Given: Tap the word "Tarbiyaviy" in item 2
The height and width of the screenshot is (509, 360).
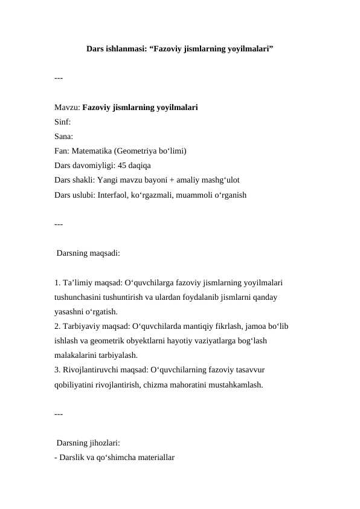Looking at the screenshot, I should point(82,326).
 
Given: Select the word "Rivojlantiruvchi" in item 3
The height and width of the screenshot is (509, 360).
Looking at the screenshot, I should point(90,369).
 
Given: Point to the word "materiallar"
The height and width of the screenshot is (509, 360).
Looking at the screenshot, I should point(152,458).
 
